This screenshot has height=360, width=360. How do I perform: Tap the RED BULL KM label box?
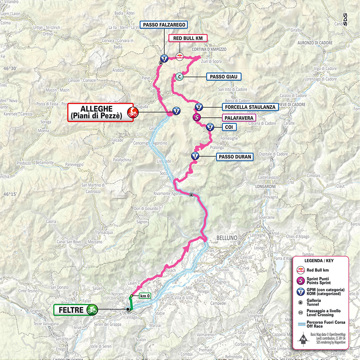coord(188,38)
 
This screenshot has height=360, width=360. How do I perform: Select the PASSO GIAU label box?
coord(224,77)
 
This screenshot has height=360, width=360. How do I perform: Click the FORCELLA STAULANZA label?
coord(250,107)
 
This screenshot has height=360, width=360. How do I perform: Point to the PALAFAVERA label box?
coord(239,118)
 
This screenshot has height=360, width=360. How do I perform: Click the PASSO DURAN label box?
coord(235,157)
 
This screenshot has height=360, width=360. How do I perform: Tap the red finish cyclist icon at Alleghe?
coord(132,112)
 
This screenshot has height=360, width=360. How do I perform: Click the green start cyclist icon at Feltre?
coord(91,310)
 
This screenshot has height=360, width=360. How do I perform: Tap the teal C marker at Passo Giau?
coord(179,77)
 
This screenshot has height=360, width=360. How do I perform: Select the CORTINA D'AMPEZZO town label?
coord(209,49)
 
